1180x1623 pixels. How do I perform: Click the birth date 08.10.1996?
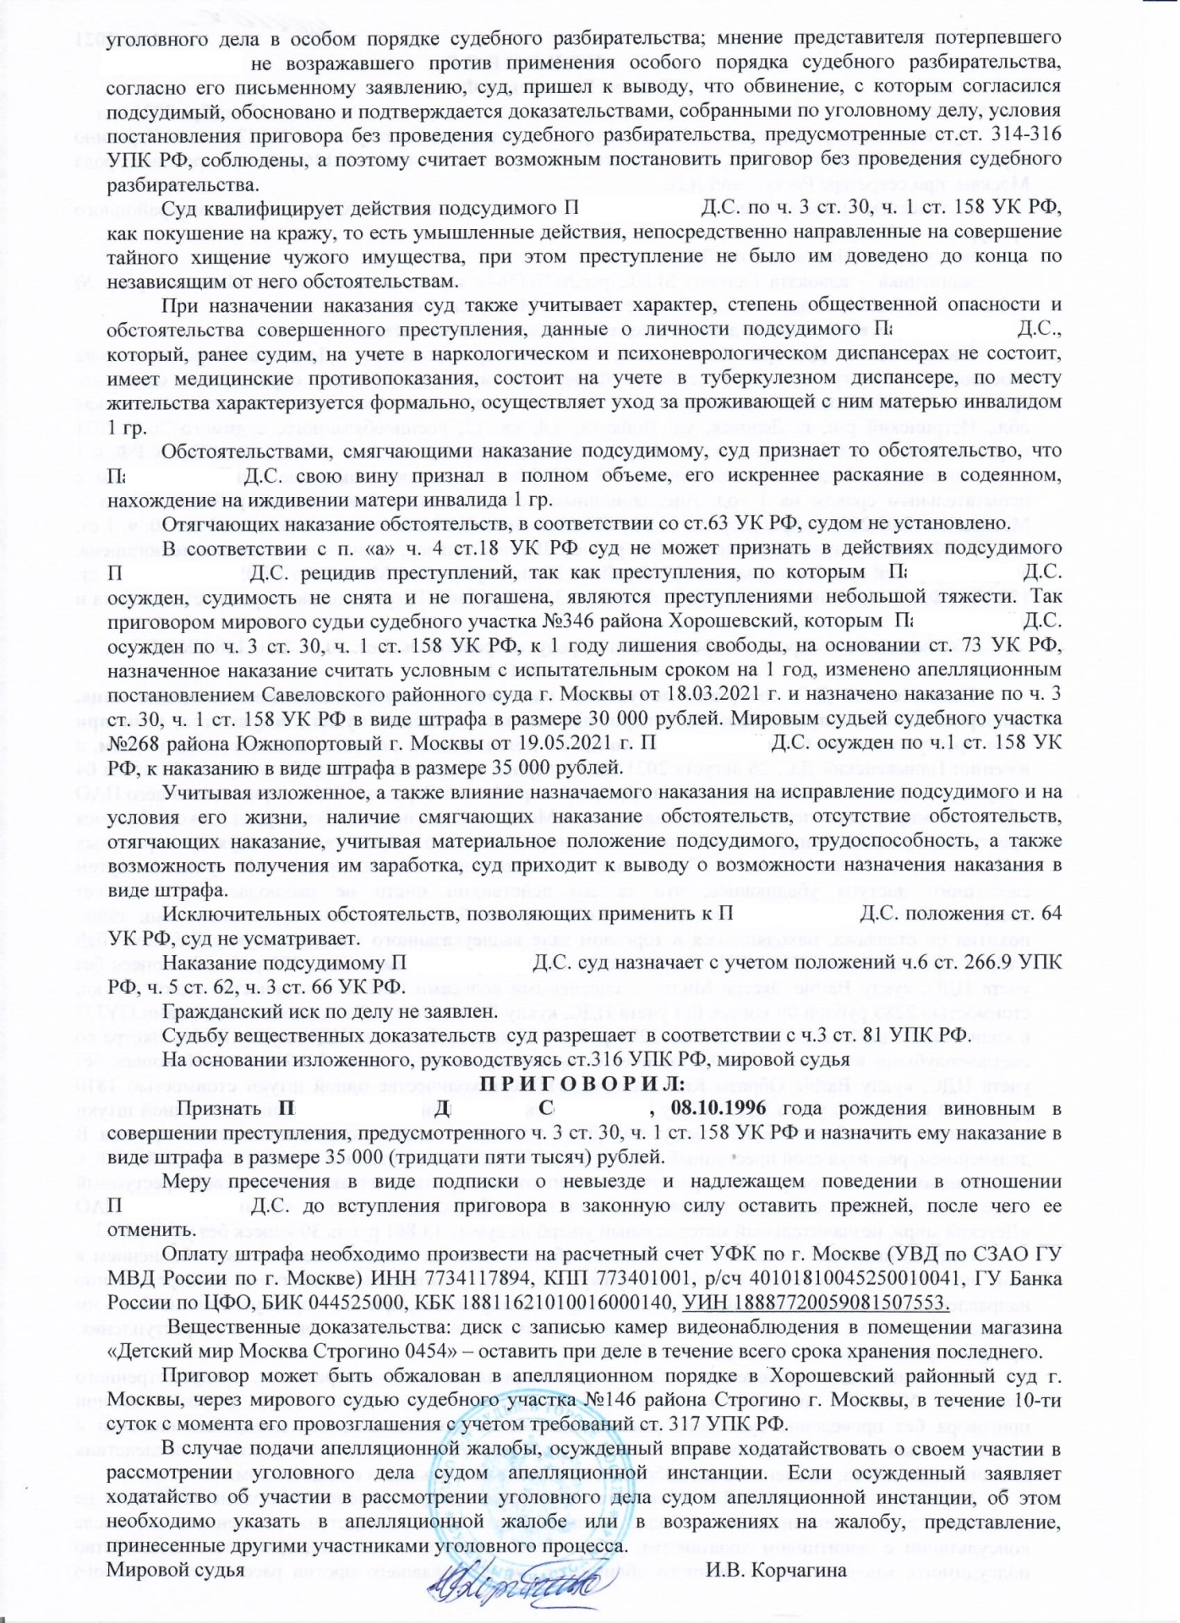point(726,1108)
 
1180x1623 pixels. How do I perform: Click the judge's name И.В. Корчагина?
point(777,1571)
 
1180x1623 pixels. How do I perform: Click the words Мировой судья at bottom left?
point(177,1571)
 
